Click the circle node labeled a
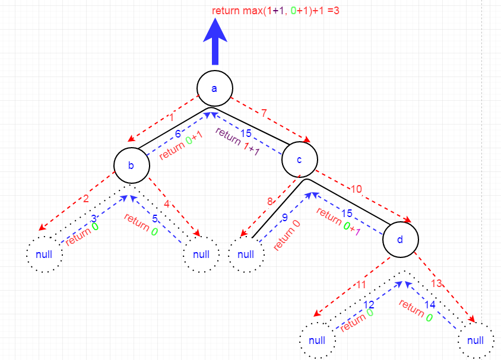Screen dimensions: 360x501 [x=214, y=88]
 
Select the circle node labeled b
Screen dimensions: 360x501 [x=131, y=165]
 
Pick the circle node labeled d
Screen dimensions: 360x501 [x=400, y=240]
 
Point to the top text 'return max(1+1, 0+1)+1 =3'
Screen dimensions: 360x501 [x=275, y=11]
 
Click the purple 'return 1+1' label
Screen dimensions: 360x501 [x=238, y=141]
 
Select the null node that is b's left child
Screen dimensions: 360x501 [x=45, y=254]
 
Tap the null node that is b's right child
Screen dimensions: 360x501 [x=201, y=254]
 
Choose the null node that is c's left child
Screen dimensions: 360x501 [x=246, y=254]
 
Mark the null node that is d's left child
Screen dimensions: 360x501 [x=318, y=340]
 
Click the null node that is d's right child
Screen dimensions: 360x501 [x=475, y=340]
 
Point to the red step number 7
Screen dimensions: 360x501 [x=265, y=113]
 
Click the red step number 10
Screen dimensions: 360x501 [x=357, y=189]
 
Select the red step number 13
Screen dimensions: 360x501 [x=436, y=283]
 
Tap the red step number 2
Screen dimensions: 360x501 [x=85, y=198]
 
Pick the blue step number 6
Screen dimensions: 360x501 [x=177, y=135]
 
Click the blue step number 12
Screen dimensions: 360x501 [x=369, y=305]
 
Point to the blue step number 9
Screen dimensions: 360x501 [x=284, y=217]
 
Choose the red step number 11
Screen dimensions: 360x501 [x=361, y=285]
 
